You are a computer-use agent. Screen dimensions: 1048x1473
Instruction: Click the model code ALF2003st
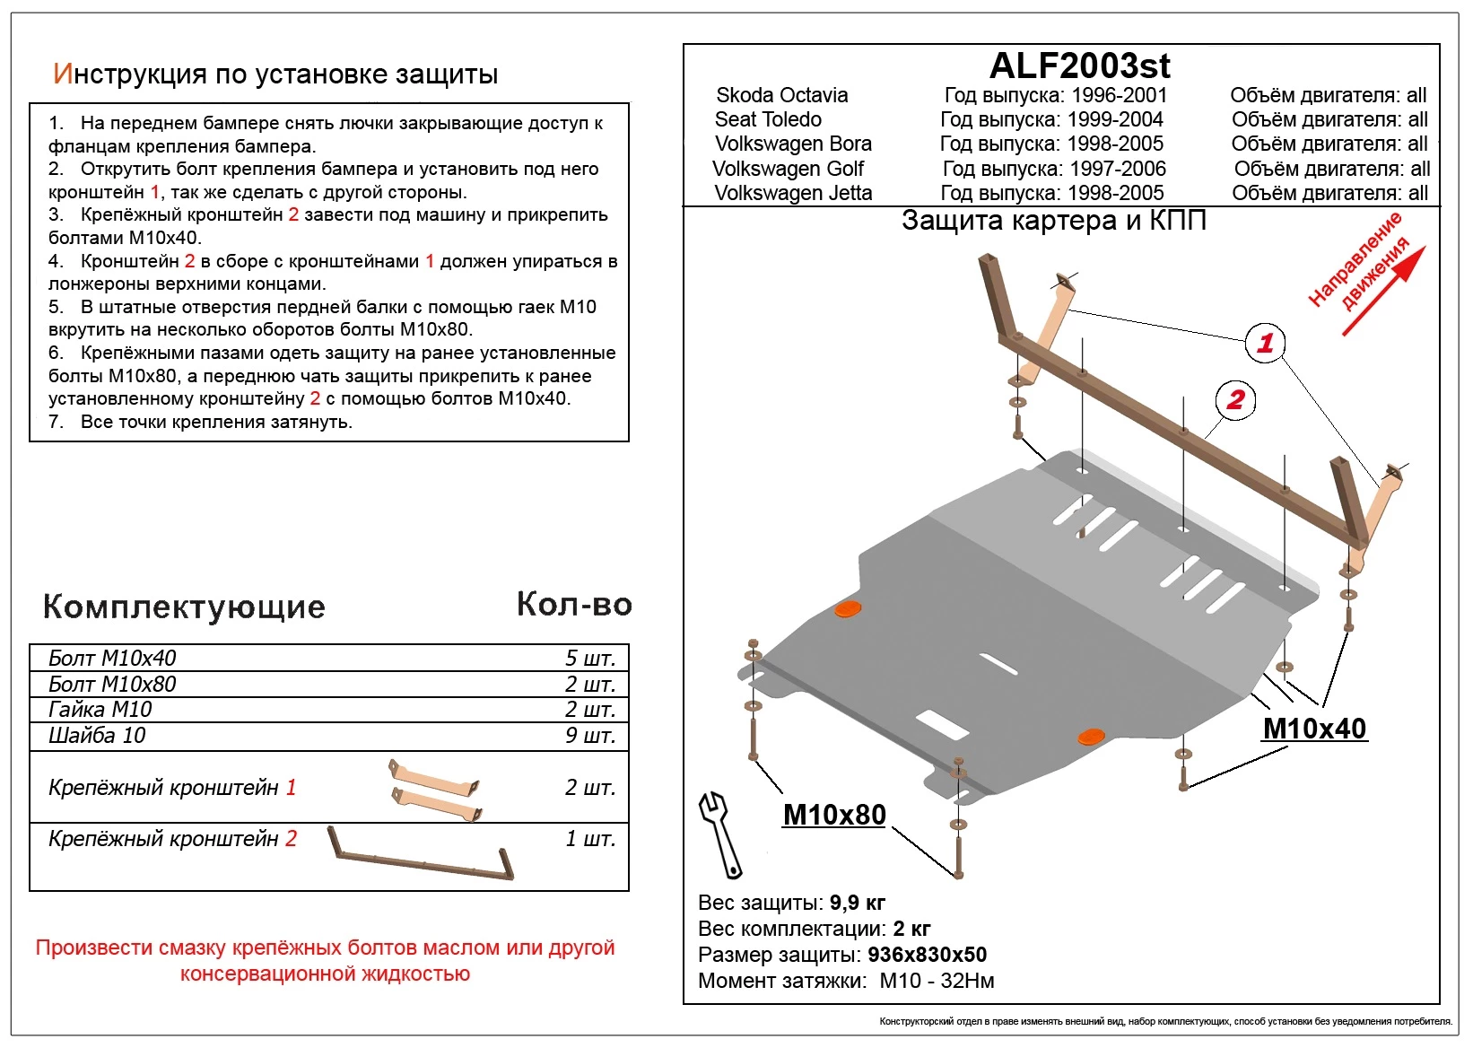[x=1079, y=65]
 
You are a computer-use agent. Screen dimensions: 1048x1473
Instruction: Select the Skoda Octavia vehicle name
[x=781, y=95]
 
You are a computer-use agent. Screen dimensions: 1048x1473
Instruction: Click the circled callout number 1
[x=1265, y=342]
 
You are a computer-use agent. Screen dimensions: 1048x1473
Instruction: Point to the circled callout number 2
[x=1235, y=399]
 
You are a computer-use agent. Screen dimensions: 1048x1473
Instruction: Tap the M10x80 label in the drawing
[x=834, y=815]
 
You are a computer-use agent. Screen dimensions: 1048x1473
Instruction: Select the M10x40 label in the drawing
[x=1314, y=729]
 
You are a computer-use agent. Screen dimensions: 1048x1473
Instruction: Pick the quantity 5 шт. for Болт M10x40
[x=589, y=659]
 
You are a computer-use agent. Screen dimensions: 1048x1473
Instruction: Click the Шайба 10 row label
[x=97, y=736]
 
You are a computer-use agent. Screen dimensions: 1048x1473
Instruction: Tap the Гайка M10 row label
[x=100, y=710]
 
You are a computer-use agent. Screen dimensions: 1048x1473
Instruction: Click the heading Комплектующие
[x=184, y=607]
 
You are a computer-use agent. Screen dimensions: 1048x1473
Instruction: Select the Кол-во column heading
[x=574, y=605]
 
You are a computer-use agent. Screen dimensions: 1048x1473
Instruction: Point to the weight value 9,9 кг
[x=857, y=903]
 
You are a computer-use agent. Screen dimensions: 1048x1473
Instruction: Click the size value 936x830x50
[x=927, y=955]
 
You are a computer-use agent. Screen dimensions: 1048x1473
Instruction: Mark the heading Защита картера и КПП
[x=1053, y=221]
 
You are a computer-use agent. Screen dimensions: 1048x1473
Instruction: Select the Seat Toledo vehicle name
[x=768, y=119]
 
